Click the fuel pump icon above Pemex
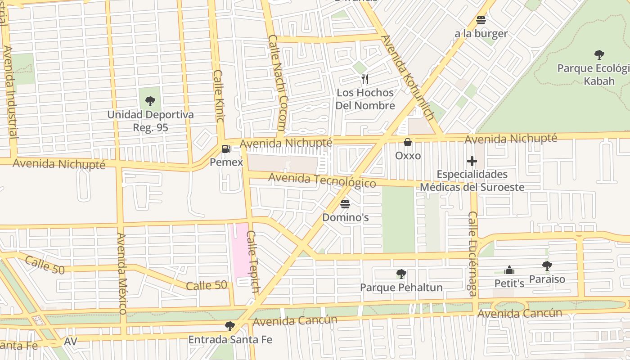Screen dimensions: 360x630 click(x=226, y=148)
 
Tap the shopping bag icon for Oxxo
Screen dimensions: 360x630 click(x=408, y=142)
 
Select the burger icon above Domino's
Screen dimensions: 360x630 click(x=345, y=204)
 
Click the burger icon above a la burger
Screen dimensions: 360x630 click(x=481, y=20)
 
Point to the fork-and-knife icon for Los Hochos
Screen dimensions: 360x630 click(x=365, y=79)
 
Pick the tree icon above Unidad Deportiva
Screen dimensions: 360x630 click(x=150, y=101)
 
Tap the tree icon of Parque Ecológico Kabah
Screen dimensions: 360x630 click(x=599, y=55)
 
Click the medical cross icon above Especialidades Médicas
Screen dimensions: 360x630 click(x=472, y=161)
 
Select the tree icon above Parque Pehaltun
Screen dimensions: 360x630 click(x=401, y=274)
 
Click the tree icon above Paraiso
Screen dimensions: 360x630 click(x=547, y=266)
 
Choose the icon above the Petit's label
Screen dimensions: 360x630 click(x=509, y=270)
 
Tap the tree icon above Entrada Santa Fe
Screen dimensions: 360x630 click(x=230, y=326)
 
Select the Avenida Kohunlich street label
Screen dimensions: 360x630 click(x=407, y=77)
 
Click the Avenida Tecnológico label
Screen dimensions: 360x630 click(x=322, y=180)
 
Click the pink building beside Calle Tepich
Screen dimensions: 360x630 click(x=239, y=250)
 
